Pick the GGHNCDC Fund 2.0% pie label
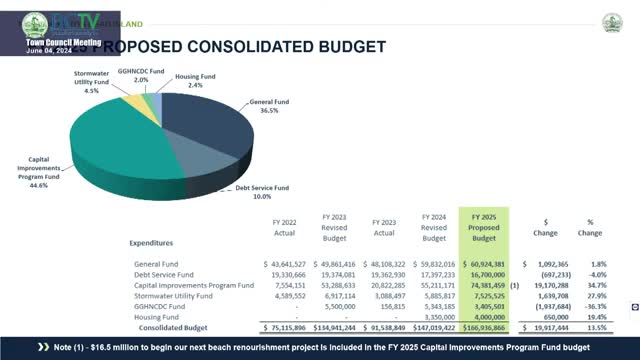tap(140, 76)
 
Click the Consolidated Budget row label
tap(174, 327)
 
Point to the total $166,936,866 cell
tap(484, 327)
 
